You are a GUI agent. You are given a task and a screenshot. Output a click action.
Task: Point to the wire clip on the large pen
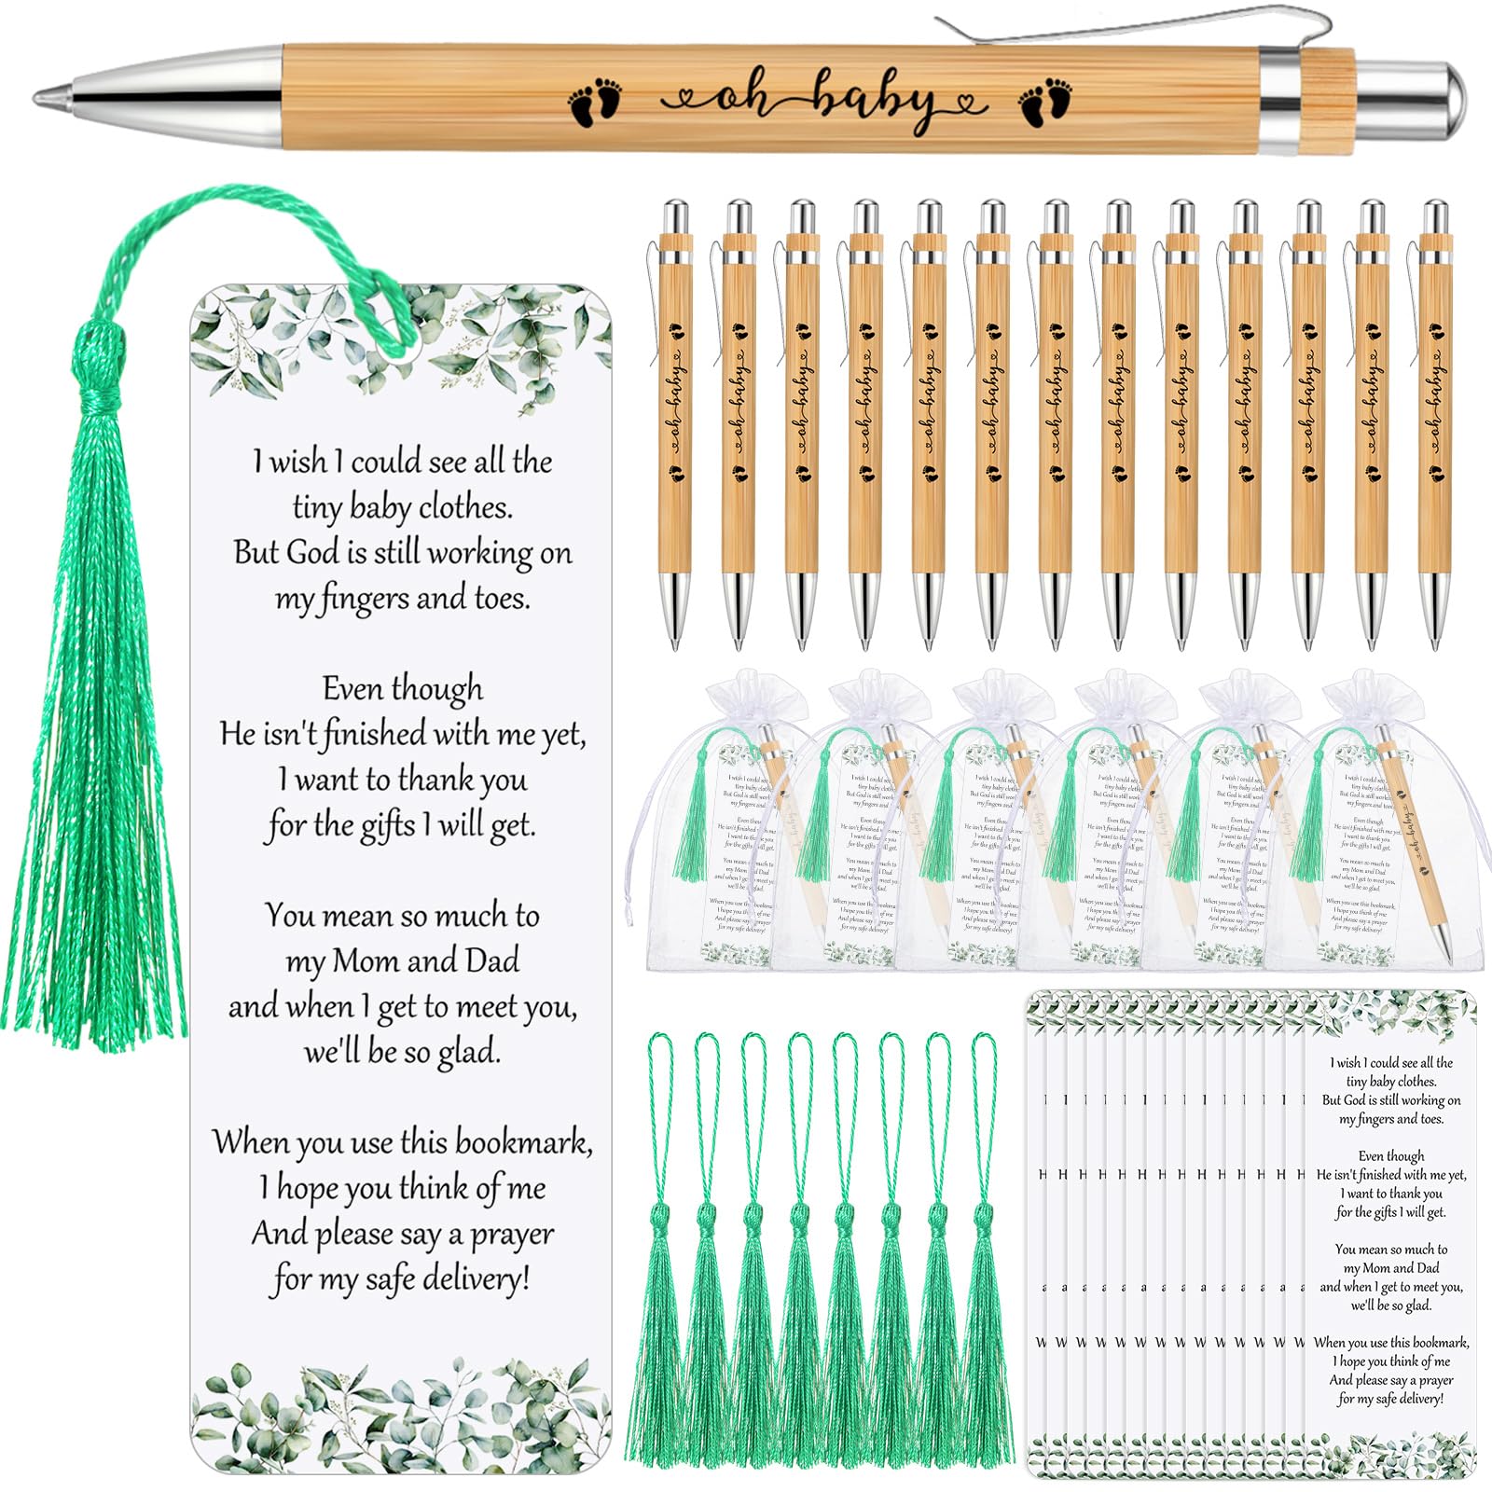click(1119, 33)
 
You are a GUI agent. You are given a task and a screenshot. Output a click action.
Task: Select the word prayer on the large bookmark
click(511, 1235)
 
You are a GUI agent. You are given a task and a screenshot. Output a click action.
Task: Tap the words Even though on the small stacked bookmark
click(1391, 1156)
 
